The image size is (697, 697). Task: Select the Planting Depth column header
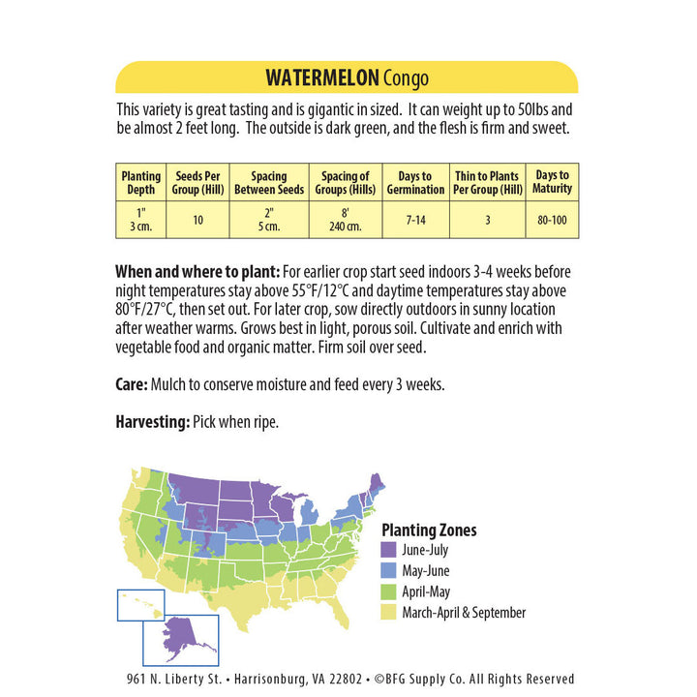[x=140, y=182]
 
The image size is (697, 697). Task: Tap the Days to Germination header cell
[x=414, y=182]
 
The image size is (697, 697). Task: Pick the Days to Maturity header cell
[x=553, y=181]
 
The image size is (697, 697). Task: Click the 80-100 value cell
[x=553, y=220]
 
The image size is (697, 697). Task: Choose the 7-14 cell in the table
[x=414, y=220]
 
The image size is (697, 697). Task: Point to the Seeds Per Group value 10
[x=197, y=220]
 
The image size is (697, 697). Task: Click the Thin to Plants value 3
[x=488, y=220]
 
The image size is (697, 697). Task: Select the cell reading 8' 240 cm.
[x=345, y=220]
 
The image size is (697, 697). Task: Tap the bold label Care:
[x=132, y=384]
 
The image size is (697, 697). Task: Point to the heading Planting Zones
[x=429, y=530]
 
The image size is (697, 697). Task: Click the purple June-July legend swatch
[x=388, y=550]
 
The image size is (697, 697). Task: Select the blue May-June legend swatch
[x=388, y=571]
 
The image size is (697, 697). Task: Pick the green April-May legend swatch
[x=388, y=591]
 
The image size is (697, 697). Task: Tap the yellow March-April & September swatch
[x=388, y=613]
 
